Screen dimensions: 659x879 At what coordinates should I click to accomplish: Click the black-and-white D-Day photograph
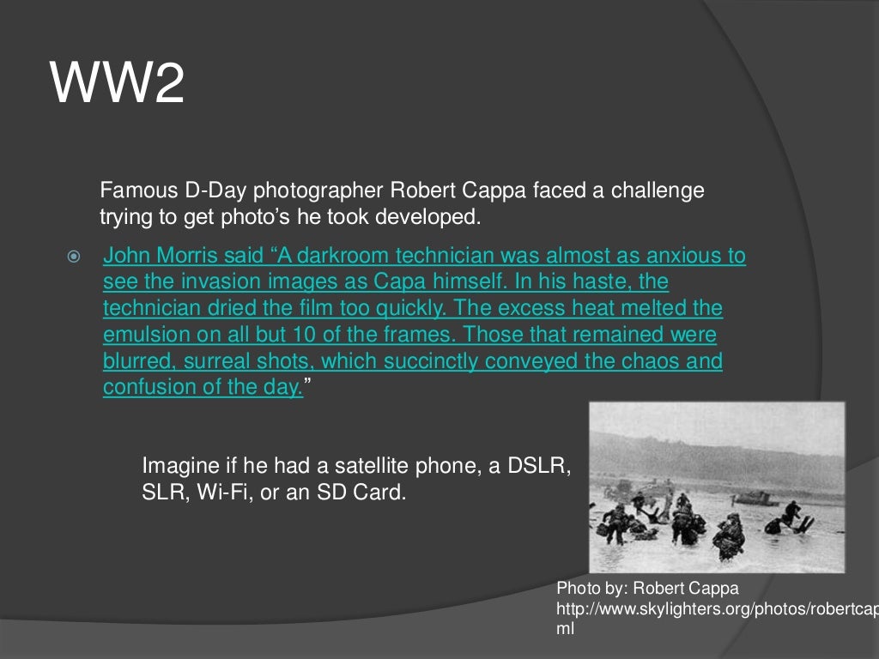(716, 487)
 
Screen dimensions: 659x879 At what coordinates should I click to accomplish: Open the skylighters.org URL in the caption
(717, 609)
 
